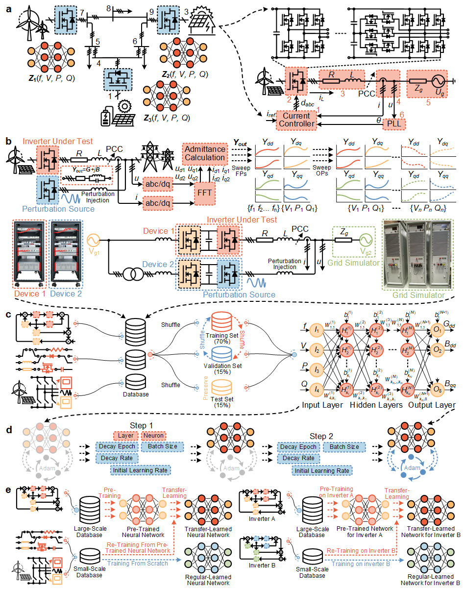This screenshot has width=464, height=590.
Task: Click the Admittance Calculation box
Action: point(205,153)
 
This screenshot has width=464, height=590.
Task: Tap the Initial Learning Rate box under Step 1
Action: point(140,470)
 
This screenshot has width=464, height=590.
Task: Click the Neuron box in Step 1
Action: point(153,435)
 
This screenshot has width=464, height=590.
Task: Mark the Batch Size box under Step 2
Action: point(343,447)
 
